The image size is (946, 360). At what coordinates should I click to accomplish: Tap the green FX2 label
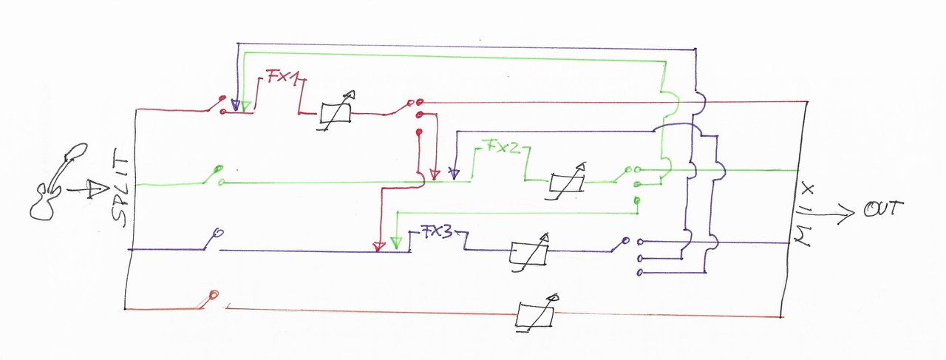point(503,146)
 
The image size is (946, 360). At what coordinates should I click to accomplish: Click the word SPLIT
point(120,193)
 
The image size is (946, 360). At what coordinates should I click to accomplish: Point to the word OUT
point(883,209)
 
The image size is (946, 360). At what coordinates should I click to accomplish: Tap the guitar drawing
point(58,182)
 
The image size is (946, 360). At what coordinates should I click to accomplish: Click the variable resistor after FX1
point(336,111)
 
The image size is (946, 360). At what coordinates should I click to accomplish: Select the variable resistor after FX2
point(566,182)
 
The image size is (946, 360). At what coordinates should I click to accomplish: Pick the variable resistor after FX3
point(529,253)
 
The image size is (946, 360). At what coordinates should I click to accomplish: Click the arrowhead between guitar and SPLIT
point(97,189)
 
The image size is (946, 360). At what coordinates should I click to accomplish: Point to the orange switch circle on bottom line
point(214,294)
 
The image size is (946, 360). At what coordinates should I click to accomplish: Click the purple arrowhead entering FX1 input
point(236,106)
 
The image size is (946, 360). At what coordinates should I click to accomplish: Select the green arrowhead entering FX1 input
point(246,106)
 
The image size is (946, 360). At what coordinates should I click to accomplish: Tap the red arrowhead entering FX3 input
point(379,246)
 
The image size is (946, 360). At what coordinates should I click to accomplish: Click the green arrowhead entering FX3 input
point(396,243)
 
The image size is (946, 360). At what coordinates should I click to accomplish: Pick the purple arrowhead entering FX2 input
point(454,174)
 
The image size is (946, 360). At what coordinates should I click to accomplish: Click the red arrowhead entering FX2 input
point(435,174)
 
